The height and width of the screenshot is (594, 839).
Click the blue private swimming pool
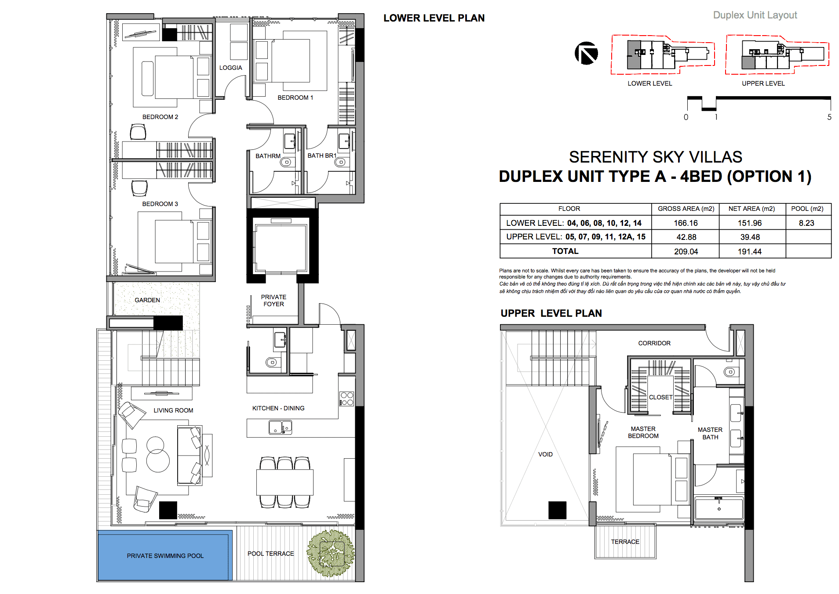(x=165, y=556)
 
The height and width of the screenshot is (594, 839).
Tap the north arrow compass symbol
(x=587, y=53)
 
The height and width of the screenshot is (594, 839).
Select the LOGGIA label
(x=231, y=68)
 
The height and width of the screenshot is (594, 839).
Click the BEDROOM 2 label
(x=160, y=117)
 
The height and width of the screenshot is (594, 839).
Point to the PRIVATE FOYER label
(x=274, y=301)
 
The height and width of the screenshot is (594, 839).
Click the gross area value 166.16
(x=686, y=223)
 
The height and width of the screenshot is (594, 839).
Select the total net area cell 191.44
(x=750, y=252)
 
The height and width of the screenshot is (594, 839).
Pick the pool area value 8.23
(x=806, y=223)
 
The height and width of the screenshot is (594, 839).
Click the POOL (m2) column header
(x=807, y=209)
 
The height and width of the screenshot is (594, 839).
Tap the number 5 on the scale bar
(x=829, y=117)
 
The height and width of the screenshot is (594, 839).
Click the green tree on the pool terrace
(x=331, y=553)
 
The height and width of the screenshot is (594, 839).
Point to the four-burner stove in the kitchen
(x=347, y=398)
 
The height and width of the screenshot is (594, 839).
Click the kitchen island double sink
(x=281, y=427)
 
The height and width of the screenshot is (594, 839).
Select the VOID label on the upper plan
(x=545, y=454)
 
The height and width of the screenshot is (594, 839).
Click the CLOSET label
(x=660, y=397)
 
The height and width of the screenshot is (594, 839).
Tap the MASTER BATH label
(x=710, y=433)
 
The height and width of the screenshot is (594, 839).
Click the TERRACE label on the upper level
(x=625, y=542)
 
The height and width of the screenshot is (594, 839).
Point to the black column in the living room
(x=168, y=510)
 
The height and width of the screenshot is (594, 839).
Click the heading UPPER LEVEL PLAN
(x=551, y=313)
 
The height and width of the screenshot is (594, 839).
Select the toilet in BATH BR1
(x=341, y=162)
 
